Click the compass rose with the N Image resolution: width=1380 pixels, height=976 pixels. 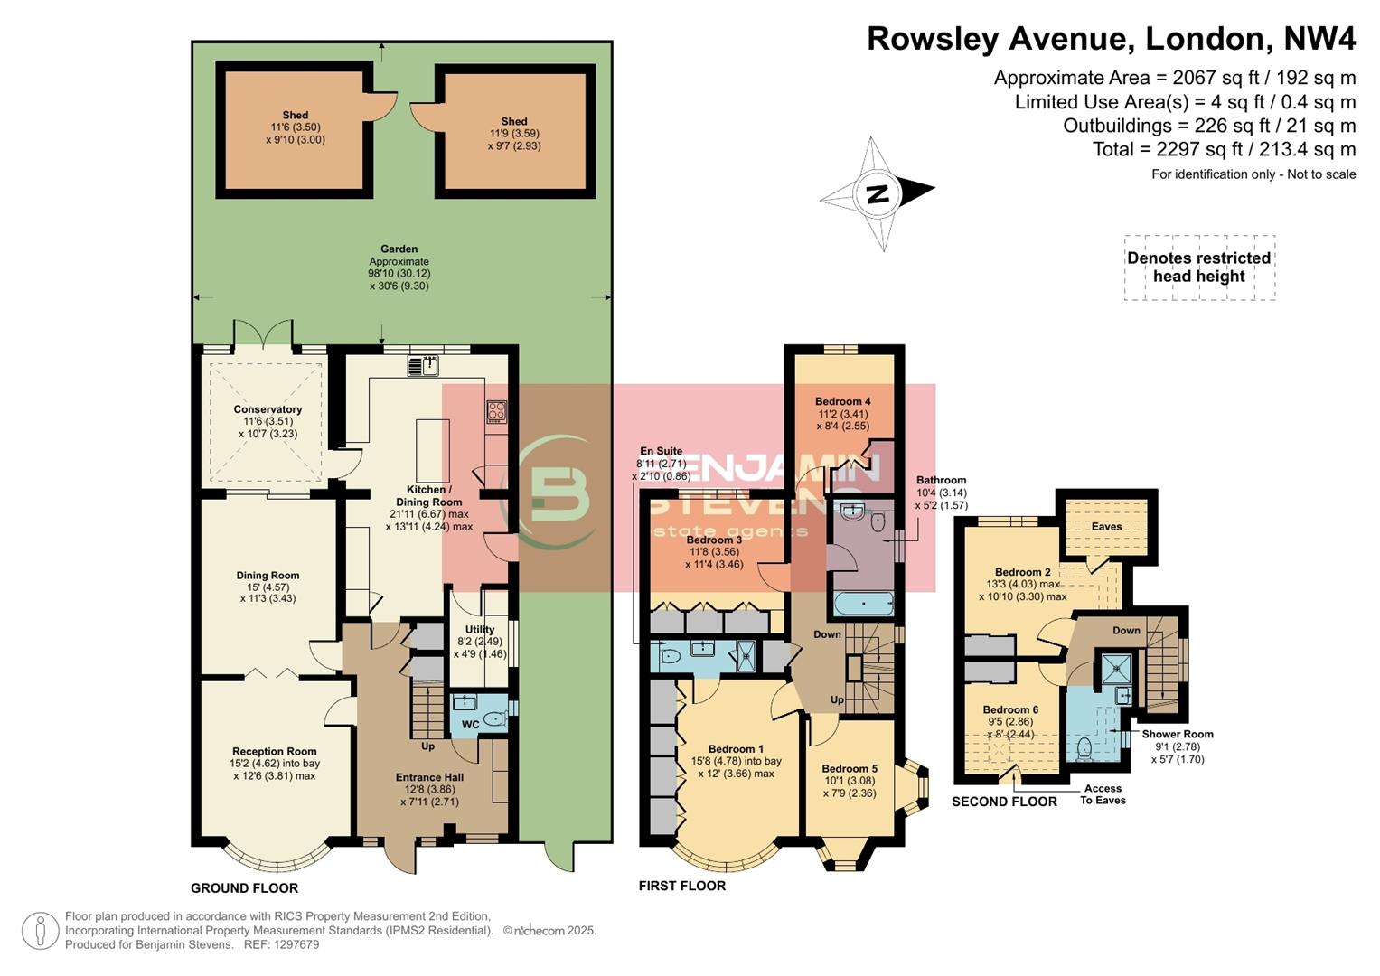(x=877, y=193)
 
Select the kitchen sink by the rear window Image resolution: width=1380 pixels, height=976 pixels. (x=424, y=366)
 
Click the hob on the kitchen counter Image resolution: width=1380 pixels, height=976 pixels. (x=497, y=412)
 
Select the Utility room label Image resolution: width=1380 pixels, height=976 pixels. (x=480, y=630)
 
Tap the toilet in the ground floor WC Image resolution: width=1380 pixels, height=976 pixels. (x=493, y=720)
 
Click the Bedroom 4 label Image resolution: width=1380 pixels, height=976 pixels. (x=842, y=401)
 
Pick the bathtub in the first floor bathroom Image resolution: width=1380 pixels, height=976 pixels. (x=863, y=603)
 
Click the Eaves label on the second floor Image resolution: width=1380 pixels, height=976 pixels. (x=1106, y=526)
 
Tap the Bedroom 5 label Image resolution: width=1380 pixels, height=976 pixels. (x=850, y=769)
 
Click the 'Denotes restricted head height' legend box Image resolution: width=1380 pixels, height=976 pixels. (x=1198, y=267)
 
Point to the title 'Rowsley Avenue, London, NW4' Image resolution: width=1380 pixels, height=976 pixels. (x=1111, y=39)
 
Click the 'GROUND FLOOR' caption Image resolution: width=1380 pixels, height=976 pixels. (x=244, y=887)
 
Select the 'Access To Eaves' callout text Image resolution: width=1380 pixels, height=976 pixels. (x=1103, y=794)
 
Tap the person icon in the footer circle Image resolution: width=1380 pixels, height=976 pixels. (x=41, y=932)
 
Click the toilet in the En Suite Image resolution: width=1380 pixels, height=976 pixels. (x=670, y=656)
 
